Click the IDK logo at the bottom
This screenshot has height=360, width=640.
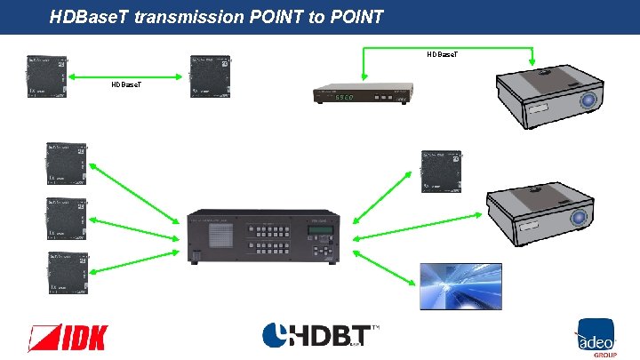pyautogui.click(x=69, y=337)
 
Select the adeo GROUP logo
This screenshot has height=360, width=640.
pyautogui.click(x=594, y=337)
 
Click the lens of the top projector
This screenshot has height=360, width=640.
pyautogui.click(x=588, y=102)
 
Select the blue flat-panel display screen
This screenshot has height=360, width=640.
pyautogui.click(x=449, y=286)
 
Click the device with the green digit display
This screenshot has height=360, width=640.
pyautogui.click(x=364, y=95)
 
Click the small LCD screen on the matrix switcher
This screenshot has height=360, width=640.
pyautogui.click(x=321, y=232)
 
